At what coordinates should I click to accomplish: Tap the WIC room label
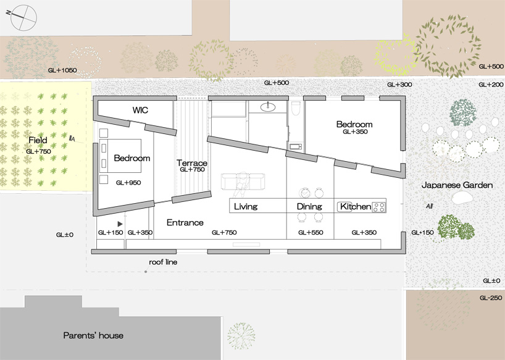click(x=141, y=111)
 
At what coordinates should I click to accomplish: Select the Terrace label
click(x=192, y=163)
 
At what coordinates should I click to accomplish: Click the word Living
click(x=246, y=206)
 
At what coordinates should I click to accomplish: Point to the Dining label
click(x=309, y=206)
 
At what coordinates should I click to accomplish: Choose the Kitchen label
click(x=356, y=206)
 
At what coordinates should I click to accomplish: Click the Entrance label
click(x=185, y=222)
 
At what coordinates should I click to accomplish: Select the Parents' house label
click(x=93, y=335)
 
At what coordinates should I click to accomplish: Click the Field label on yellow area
click(x=38, y=141)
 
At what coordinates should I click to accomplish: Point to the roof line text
click(x=163, y=262)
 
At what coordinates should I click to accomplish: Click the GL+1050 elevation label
click(x=62, y=70)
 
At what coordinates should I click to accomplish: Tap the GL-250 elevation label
click(x=491, y=297)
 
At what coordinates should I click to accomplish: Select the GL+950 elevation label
click(x=128, y=183)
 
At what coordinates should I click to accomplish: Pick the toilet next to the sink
click(x=295, y=109)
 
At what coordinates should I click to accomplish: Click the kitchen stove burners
click(x=378, y=206)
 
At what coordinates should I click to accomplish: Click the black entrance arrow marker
click(x=120, y=224)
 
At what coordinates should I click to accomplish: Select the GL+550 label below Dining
click(x=311, y=233)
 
